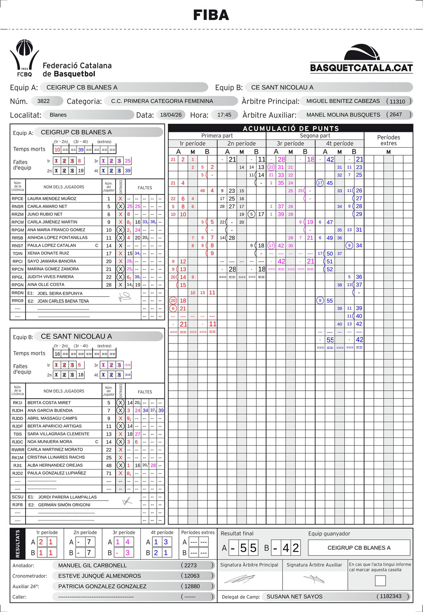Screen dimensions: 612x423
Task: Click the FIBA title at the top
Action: (x=211, y=15)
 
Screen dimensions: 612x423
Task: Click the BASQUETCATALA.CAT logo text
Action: (x=361, y=68)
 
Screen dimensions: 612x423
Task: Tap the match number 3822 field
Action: (x=43, y=101)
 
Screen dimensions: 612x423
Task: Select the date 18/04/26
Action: (x=171, y=115)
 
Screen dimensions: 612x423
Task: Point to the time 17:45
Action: (x=224, y=115)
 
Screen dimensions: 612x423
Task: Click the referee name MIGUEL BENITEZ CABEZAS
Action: (x=343, y=101)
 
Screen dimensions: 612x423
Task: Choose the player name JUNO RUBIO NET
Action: (x=45, y=214)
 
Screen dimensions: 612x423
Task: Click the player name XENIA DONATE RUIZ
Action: (x=48, y=253)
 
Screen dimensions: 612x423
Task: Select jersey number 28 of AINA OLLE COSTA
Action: (x=109, y=285)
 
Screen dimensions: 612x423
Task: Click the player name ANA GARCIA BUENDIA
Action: (x=50, y=410)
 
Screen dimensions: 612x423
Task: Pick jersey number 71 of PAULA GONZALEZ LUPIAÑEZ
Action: (x=109, y=473)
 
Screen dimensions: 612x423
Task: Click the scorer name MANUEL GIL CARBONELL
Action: (x=93, y=565)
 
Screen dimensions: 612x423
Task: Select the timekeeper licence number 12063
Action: (x=192, y=576)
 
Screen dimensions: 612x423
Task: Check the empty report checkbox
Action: (x=380, y=581)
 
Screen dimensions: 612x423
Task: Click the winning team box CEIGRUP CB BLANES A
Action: (x=359, y=548)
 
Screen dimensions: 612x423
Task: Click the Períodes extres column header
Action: (x=388, y=140)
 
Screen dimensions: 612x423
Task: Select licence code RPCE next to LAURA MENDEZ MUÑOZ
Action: (x=17, y=199)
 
